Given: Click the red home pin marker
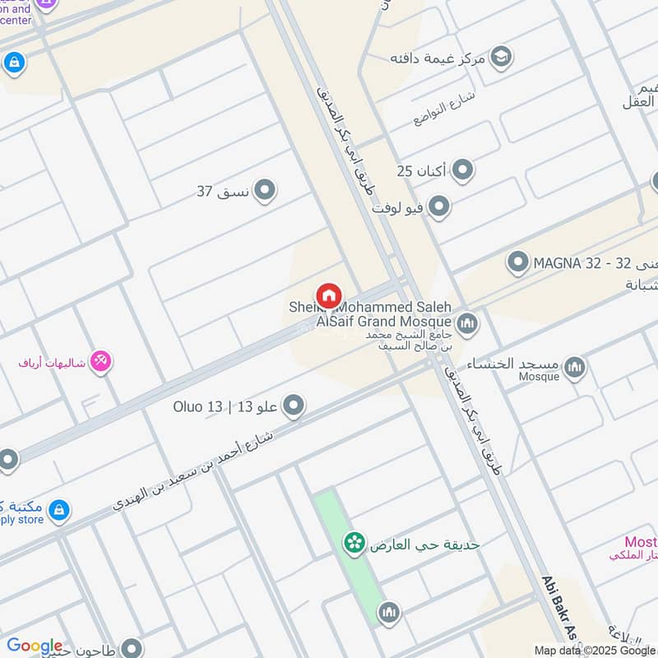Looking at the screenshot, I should (328, 294).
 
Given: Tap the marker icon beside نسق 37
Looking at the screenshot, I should (264, 191).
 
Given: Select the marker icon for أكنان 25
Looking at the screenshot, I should (463, 170).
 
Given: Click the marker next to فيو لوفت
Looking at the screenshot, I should (439, 206).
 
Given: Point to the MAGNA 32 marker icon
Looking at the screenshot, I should (517, 263).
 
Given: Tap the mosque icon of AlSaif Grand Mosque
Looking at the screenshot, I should (467, 322).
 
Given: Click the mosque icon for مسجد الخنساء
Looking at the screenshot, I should (575, 366).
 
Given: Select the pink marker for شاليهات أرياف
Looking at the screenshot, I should (100, 360).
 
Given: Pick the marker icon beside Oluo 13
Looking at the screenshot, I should (293, 405).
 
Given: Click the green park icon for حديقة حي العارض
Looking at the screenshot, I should (354, 543).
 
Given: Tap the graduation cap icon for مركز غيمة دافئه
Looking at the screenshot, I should (500, 57).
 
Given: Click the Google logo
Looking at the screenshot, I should (35, 646).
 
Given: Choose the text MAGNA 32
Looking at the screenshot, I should (568, 263).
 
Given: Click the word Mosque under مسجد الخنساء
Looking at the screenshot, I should (540, 377).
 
